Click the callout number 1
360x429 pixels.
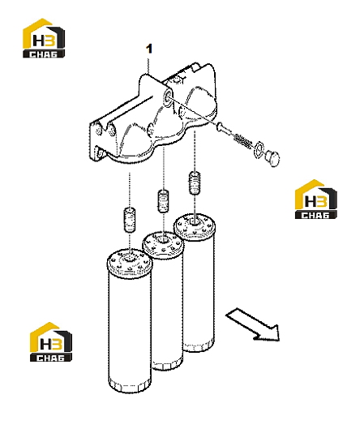[149, 49]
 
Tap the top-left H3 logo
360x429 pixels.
[44, 38]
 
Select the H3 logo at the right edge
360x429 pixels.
[316, 199]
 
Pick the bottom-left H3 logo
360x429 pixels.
[51, 341]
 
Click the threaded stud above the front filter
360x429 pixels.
[130, 220]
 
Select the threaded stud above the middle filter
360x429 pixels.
[163, 201]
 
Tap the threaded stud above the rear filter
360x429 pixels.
[195, 182]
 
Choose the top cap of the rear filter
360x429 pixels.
[195, 225]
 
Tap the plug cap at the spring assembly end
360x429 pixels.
[272, 158]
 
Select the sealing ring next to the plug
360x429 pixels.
[259, 149]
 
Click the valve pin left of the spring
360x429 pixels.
[224, 129]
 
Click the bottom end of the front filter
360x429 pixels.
[130, 386]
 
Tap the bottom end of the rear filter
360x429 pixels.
[198, 345]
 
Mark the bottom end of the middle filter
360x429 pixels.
[167, 365]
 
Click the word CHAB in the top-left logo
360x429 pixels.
[44, 54]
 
